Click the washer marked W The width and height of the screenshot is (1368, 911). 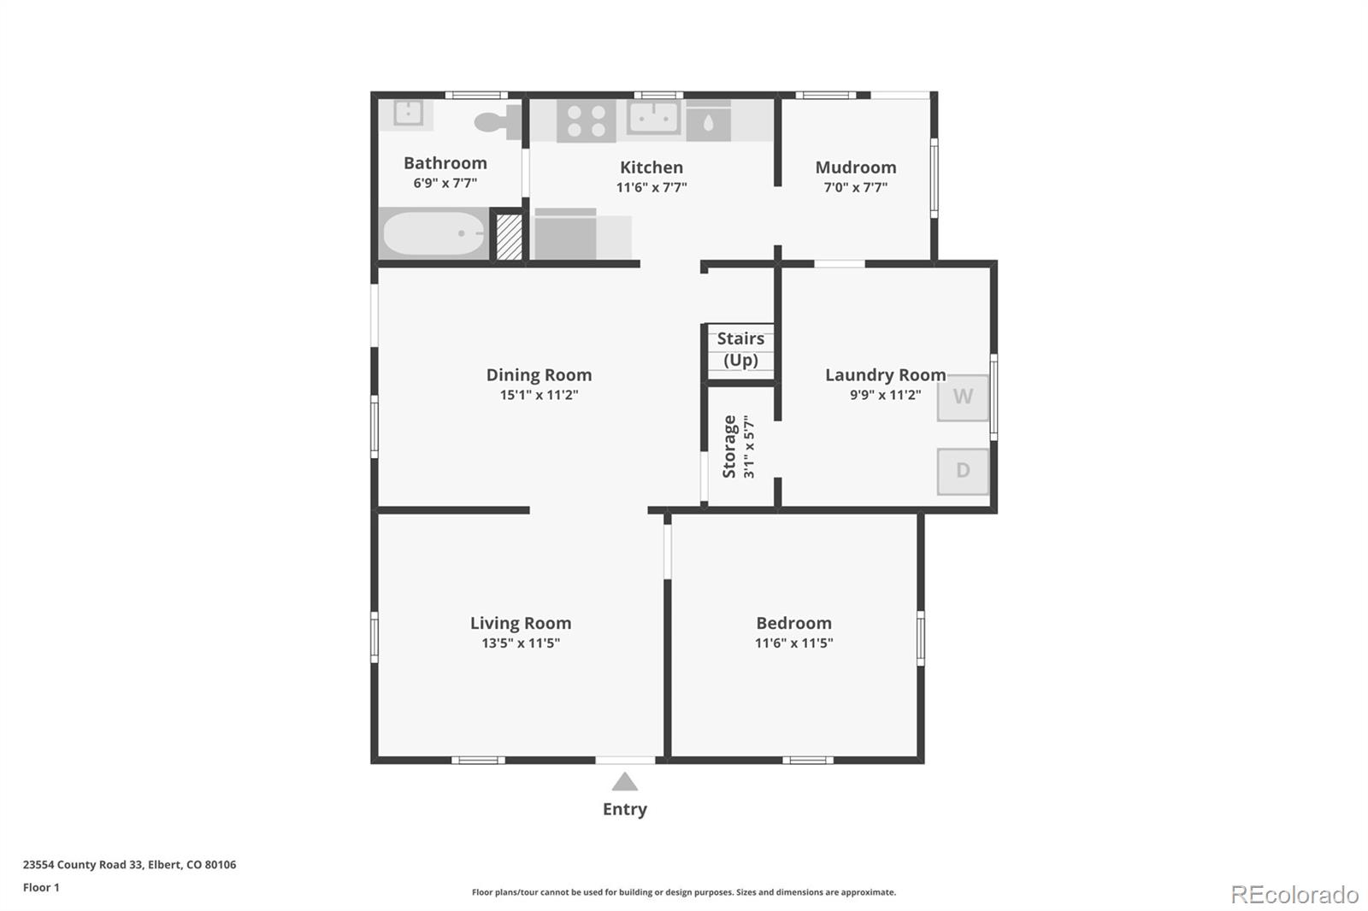pos(963,397)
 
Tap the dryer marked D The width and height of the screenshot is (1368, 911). pos(963,472)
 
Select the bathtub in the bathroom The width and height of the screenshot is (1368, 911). pos(433,233)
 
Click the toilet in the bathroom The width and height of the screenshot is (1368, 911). pos(498,121)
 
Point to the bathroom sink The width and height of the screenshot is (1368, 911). pos(407,114)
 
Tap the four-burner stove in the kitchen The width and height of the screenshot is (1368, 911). pos(587,120)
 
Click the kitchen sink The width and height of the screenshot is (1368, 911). pos(654,117)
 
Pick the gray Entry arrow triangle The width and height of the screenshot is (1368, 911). pos(625,783)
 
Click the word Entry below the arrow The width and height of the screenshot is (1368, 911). pos(625,809)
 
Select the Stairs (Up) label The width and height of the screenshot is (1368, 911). pos(740,350)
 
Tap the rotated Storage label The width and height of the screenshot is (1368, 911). pos(729,446)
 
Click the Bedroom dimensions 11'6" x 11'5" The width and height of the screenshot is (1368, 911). pos(793,643)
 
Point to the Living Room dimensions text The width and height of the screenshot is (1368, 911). pos(521,643)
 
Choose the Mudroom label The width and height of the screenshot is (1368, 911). pos(856,168)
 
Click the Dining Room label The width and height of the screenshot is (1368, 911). pos(539,375)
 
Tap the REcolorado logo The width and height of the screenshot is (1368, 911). pos(1294,895)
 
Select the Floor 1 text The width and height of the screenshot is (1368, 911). pos(41,888)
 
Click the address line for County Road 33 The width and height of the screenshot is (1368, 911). pos(129,865)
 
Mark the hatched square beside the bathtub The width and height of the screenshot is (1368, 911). pos(509,237)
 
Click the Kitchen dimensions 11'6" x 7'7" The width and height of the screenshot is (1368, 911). pos(651,187)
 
